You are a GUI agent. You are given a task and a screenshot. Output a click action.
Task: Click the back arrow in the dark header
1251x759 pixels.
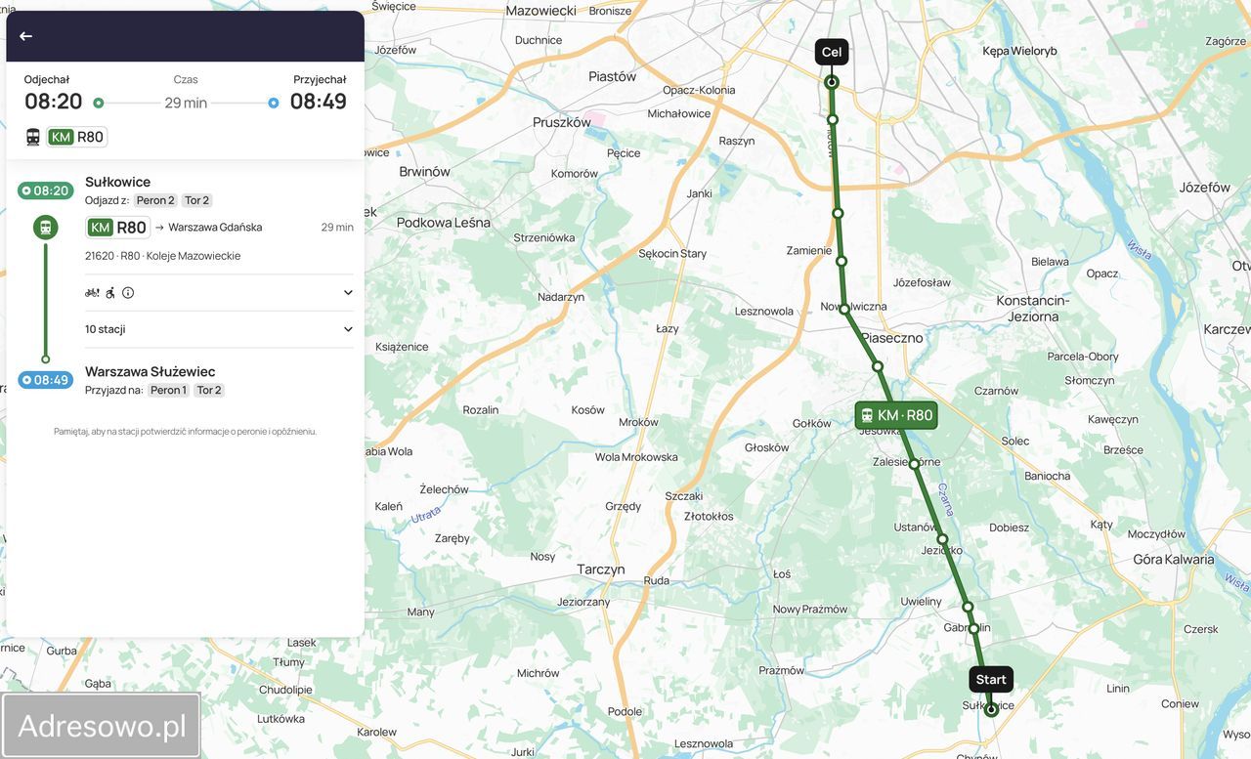(x=25, y=36)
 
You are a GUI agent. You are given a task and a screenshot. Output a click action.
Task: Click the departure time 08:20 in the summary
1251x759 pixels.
(x=54, y=102)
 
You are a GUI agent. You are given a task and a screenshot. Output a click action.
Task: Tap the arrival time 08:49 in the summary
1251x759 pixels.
(x=318, y=102)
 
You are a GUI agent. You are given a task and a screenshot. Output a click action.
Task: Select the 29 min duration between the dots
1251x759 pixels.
(x=186, y=103)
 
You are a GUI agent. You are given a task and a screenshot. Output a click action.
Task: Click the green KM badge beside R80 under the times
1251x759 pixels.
(x=62, y=137)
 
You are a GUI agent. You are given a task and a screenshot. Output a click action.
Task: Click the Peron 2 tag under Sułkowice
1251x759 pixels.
(x=155, y=200)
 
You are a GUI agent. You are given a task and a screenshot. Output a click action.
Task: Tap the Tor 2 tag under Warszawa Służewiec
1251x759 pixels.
(x=209, y=390)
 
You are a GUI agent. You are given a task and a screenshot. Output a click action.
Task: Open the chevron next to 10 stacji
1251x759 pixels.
(x=348, y=329)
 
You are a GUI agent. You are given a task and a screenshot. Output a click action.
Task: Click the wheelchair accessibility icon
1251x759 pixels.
(x=110, y=292)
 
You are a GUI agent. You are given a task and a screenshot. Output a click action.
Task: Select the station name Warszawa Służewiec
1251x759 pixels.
(x=150, y=371)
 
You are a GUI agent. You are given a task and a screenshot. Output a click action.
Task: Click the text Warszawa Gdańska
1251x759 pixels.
(x=215, y=228)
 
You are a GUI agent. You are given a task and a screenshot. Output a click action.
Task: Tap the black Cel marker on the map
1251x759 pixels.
(x=831, y=53)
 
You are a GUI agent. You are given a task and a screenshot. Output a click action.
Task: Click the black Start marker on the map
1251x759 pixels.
(x=990, y=680)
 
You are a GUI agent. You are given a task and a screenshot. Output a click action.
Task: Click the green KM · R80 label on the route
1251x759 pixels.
(x=895, y=415)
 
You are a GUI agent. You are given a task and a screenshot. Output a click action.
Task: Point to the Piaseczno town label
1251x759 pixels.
(x=891, y=338)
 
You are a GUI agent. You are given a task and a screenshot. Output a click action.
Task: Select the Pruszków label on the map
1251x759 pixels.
(x=561, y=123)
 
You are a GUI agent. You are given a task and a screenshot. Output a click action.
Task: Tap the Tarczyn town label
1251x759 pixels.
(x=600, y=569)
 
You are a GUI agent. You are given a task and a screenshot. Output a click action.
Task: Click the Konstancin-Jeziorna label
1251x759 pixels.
(x=1033, y=309)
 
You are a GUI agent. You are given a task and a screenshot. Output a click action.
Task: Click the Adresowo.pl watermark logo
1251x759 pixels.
(x=102, y=726)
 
